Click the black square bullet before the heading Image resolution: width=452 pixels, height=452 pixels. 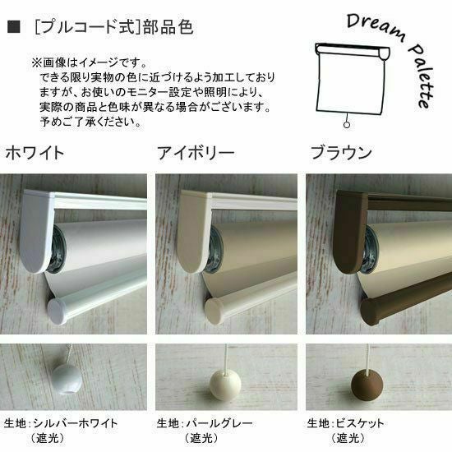click(13, 27)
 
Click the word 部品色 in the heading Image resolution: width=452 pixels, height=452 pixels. click(168, 27)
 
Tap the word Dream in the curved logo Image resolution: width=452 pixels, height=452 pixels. click(376, 26)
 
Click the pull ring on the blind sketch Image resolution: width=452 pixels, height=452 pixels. click(347, 125)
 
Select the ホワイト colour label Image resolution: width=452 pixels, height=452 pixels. click(35, 153)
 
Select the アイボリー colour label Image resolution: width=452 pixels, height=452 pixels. click(196, 153)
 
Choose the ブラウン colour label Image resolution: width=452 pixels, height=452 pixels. click(341, 153)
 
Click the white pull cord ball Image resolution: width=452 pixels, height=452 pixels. click(67, 379)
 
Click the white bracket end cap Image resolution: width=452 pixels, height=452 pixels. click(37, 231)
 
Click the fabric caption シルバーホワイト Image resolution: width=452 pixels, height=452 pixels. click(76, 423)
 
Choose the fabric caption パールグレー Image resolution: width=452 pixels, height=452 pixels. click(219, 423)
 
